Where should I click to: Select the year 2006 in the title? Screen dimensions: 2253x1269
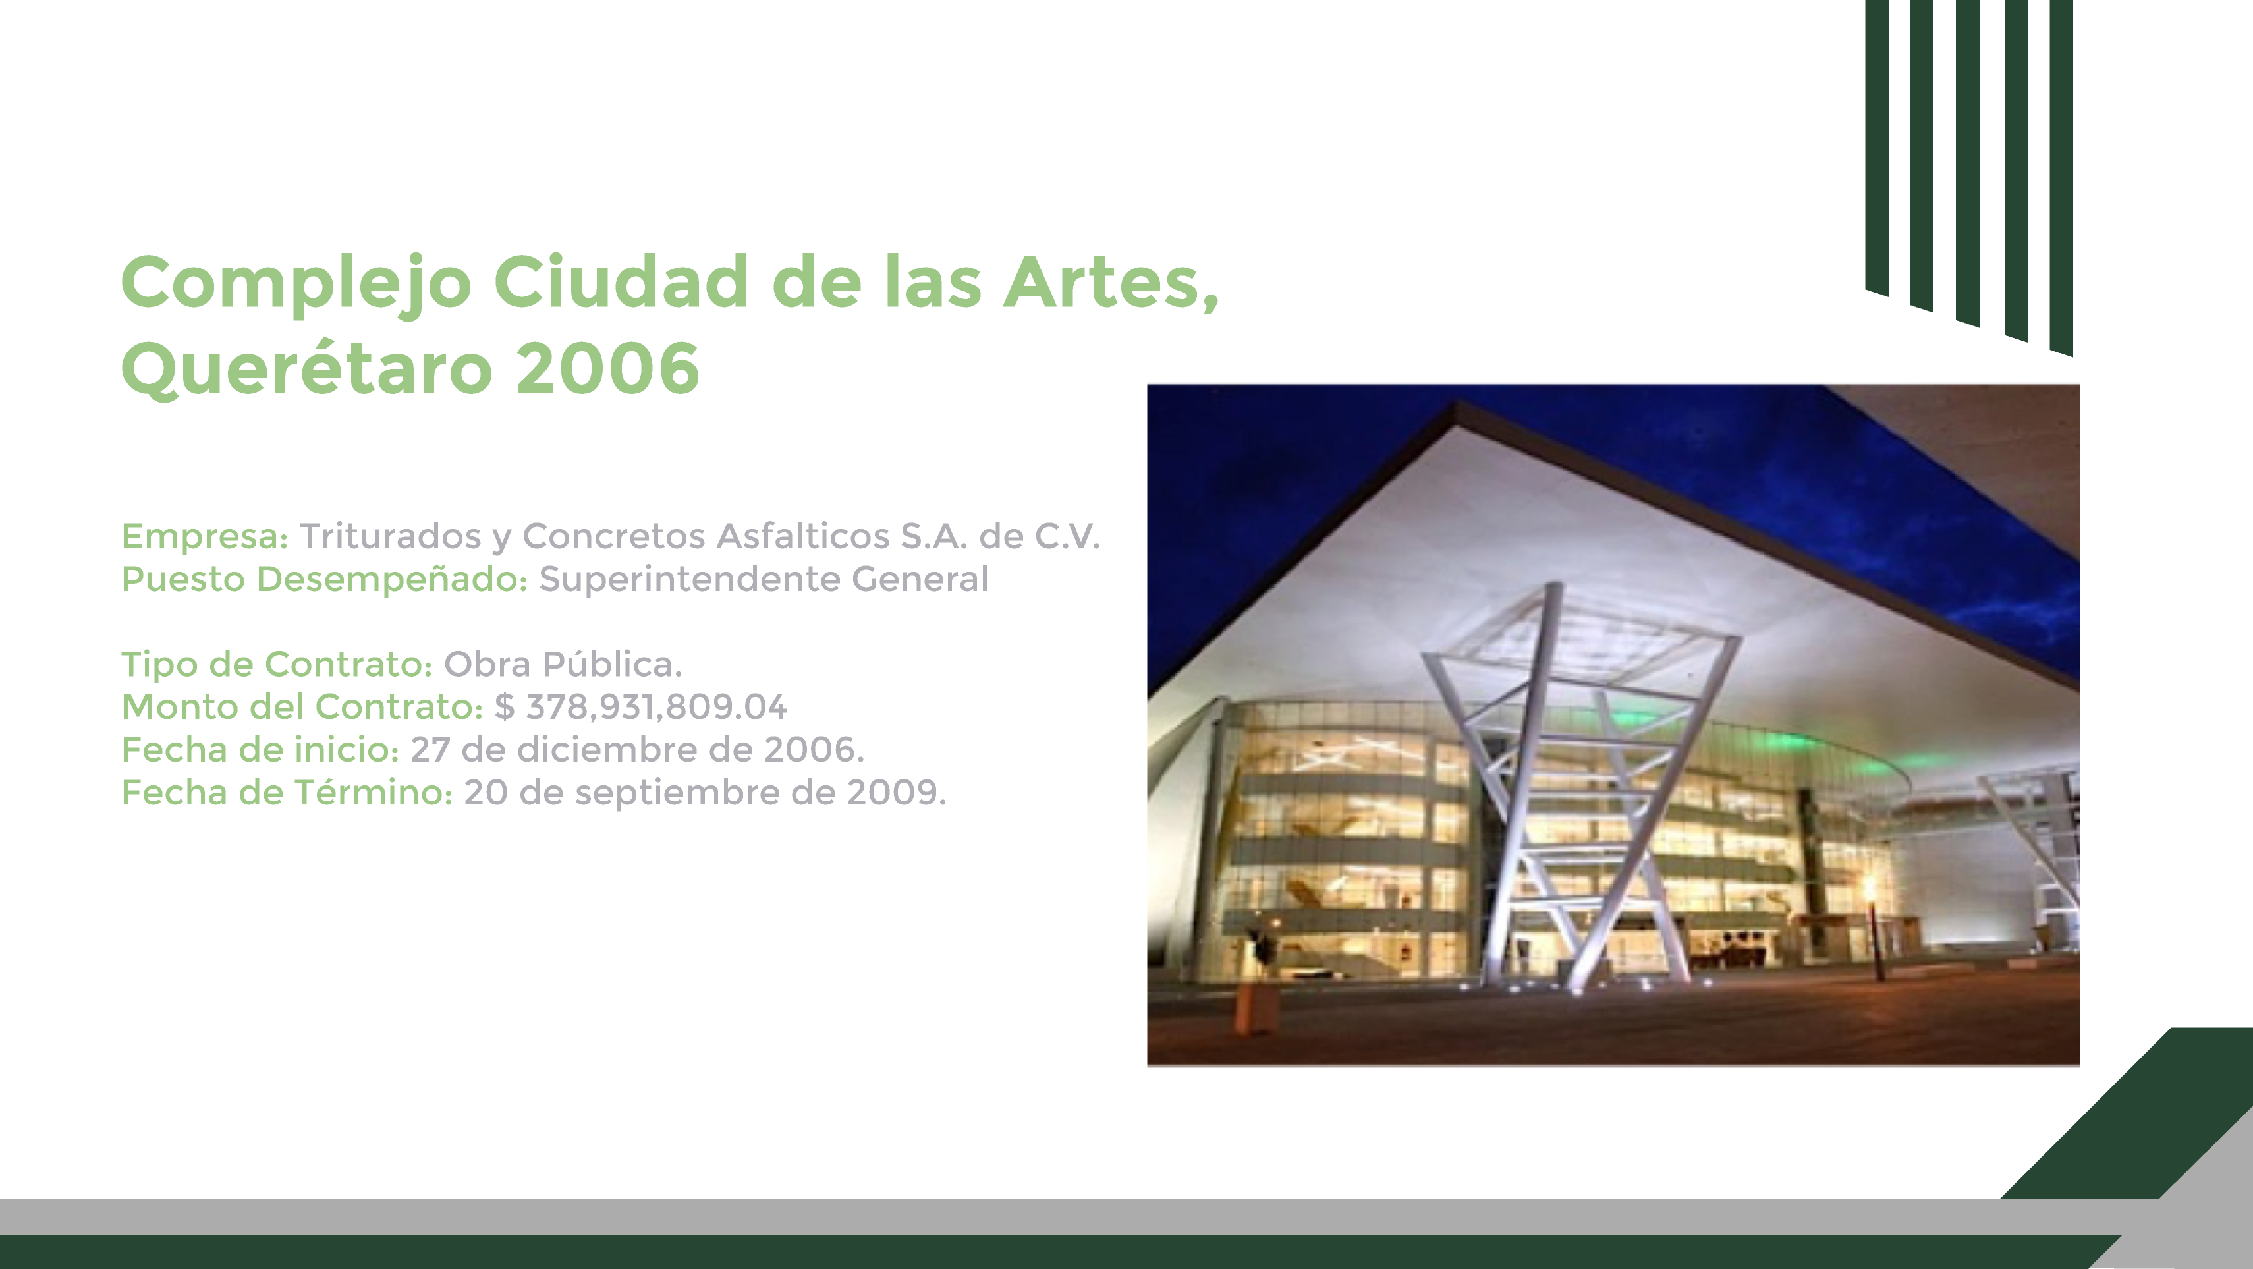click(x=608, y=368)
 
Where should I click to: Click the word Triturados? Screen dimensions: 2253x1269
click(x=390, y=536)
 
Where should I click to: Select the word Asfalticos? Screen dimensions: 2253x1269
click(x=803, y=536)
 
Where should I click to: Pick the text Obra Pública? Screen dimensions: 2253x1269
click(x=563, y=663)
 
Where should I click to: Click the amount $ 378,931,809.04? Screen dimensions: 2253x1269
click(x=640, y=707)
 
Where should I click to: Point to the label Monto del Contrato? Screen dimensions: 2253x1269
click(x=302, y=707)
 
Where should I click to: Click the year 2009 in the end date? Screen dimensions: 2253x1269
click(x=896, y=793)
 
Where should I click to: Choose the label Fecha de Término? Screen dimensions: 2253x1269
click(x=287, y=793)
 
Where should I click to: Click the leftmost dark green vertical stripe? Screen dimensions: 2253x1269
click(x=1877, y=147)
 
